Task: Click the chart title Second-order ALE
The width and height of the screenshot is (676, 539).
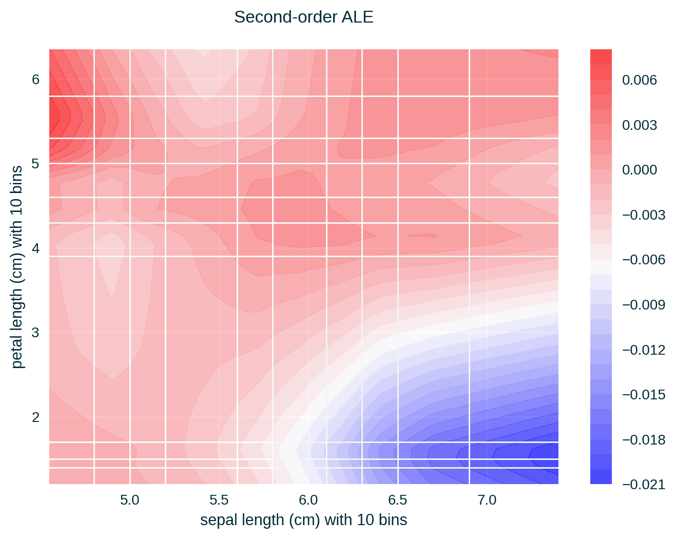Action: [303, 17]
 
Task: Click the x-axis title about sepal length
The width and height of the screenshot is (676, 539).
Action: [303, 520]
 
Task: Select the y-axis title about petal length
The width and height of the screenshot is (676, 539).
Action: [17, 267]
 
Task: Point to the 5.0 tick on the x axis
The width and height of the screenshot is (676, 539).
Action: [130, 500]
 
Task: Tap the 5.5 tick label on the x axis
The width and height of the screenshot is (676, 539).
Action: [219, 500]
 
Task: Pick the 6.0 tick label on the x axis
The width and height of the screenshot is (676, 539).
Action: [308, 500]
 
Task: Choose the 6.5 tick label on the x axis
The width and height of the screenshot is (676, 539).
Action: [398, 500]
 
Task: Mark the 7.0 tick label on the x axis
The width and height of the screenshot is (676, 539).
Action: [487, 500]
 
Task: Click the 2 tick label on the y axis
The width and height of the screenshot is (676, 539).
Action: [35, 417]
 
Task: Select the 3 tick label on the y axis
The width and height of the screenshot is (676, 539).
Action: [35, 333]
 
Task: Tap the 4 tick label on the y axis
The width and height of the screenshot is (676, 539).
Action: [35, 248]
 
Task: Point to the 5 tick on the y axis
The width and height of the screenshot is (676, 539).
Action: [35, 164]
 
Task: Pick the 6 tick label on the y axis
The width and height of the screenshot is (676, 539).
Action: [35, 80]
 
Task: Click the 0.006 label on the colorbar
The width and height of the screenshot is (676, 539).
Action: [640, 80]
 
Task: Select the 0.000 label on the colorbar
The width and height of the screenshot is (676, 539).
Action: [640, 170]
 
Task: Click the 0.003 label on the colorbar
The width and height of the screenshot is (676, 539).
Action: [640, 125]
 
